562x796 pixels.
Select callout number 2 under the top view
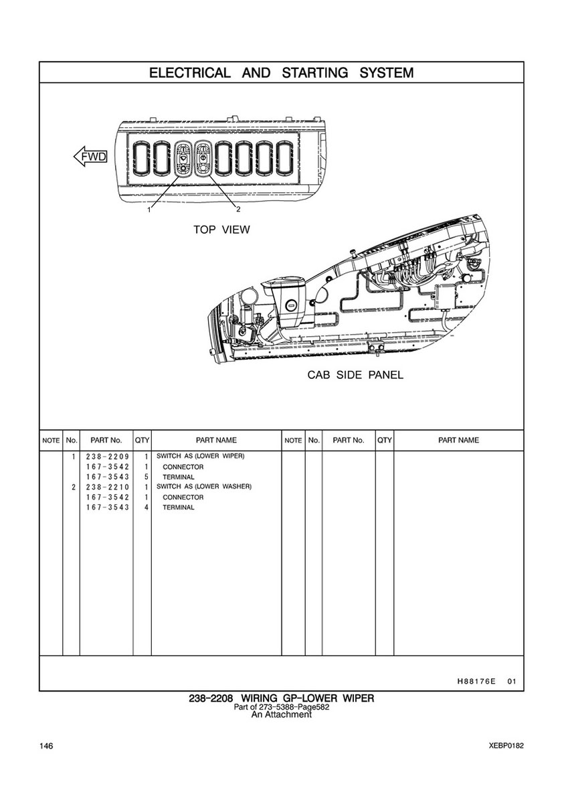pyautogui.click(x=238, y=209)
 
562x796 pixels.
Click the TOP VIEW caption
pyautogui.click(x=221, y=230)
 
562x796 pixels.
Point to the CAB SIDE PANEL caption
pyautogui.click(x=355, y=375)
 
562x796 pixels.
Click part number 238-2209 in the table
pyautogui.click(x=107, y=456)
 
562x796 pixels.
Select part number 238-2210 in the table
pyautogui.click(x=107, y=487)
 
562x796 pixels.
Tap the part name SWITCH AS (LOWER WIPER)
pyautogui.click(x=201, y=456)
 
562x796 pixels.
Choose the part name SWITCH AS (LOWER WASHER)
pyautogui.click(x=204, y=487)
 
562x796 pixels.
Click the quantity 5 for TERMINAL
pyautogui.click(x=145, y=477)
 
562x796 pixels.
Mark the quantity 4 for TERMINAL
pyautogui.click(x=145, y=507)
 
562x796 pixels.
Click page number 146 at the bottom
pyautogui.click(x=46, y=746)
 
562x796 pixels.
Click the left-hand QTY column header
pyautogui.click(x=142, y=440)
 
